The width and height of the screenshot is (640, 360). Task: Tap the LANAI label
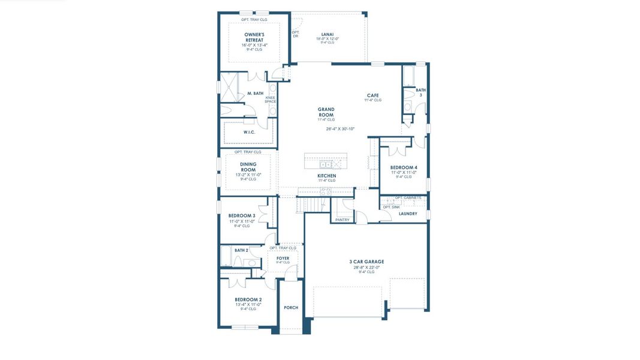pos(327,34)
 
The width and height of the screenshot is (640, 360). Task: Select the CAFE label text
pos(372,95)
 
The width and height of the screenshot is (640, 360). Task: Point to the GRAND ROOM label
pos(326,112)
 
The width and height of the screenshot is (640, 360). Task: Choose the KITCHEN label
pos(327,176)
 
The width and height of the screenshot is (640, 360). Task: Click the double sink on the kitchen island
pos(326,164)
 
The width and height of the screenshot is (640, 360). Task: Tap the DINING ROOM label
pos(248,167)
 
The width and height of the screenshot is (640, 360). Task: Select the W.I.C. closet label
pos(250,132)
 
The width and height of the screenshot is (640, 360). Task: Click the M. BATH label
pos(255,94)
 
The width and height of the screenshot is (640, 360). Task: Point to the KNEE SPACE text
pos(271,100)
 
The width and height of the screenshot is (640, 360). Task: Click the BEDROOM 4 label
pos(404,167)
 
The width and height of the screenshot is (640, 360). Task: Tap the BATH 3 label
pos(420,92)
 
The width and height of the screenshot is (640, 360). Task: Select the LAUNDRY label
pos(408,214)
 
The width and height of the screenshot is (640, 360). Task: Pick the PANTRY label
pos(342,220)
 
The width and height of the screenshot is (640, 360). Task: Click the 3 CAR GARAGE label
pos(366,262)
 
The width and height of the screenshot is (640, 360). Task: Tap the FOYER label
pos(283,258)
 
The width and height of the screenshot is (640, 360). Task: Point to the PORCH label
pos(291,308)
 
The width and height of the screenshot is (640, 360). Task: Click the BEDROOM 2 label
pos(248,299)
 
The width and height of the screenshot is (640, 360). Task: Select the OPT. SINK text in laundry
pos(391,207)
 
